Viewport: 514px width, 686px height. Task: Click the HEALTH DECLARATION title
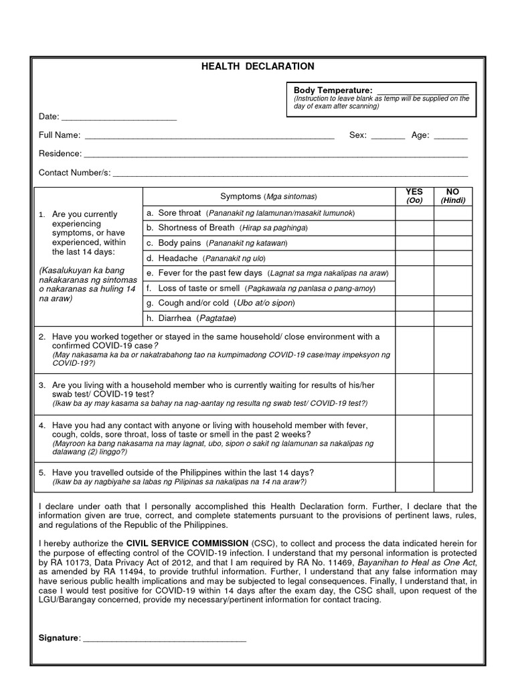pos(258,66)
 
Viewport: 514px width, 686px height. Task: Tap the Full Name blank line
pos(209,137)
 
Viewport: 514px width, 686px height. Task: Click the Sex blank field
pos(388,137)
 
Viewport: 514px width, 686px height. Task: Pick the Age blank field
pos(450,137)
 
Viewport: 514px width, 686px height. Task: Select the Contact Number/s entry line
pos(290,174)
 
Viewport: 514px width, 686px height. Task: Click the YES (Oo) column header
pos(414,196)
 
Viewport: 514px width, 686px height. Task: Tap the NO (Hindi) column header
pos(452,196)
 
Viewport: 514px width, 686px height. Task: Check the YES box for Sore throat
pos(414,213)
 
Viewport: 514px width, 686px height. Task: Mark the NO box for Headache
pos(452,258)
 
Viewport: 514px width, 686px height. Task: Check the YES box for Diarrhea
pos(414,318)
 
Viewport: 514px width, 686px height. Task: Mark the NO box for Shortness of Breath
pos(452,228)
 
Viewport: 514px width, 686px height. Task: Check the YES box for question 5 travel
pos(414,476)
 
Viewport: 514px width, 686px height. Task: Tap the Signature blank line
pos(164,638)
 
